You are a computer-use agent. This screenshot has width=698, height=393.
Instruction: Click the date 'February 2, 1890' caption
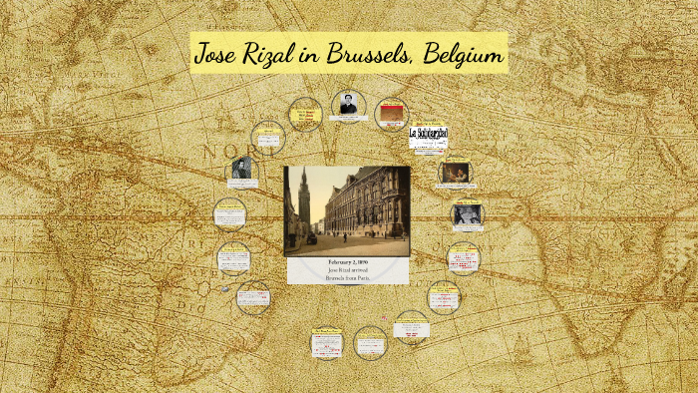click(x=347, y=261)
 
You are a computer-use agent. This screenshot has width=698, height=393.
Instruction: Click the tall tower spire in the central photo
click(x=304, y=190)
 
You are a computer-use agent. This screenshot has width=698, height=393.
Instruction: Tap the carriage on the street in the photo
click(x=312, y=238)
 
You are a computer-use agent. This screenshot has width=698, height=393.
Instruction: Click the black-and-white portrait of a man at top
click(x=348, y=103)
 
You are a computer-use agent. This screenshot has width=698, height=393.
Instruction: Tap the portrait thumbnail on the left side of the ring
click(x=240, y=169)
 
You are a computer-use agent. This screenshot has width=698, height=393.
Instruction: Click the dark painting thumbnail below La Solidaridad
click(x=455, y=172)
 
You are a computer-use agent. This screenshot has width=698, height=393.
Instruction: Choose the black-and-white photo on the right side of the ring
click(x=467, y=213)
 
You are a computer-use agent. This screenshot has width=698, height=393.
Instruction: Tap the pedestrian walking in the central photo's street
click(x=346, y=237)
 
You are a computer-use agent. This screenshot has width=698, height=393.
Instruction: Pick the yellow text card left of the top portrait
click(x=304, y=114)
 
